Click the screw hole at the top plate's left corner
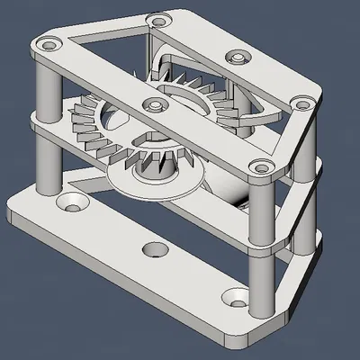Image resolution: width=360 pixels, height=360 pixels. (48, 43)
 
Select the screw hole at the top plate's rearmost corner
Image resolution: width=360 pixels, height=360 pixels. (159, 20)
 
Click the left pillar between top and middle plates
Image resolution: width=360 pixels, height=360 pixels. (49, 85)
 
